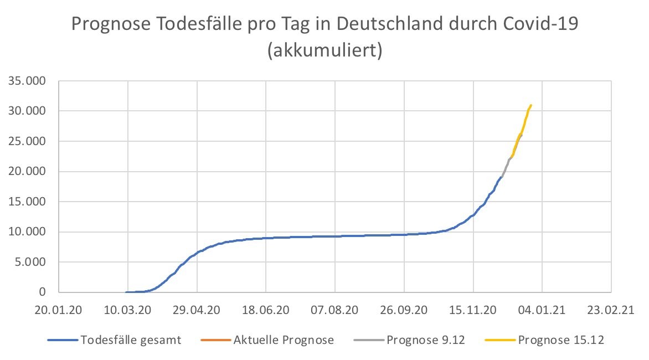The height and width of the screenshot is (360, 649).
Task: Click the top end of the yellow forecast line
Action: pos(531,105)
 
